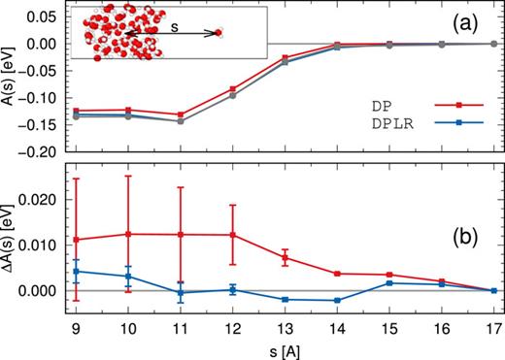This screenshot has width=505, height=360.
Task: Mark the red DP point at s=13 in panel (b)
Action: [285, 257]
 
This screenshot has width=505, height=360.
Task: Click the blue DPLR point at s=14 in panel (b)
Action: [337, 300]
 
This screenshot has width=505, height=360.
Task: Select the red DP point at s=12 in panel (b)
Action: [232, 235]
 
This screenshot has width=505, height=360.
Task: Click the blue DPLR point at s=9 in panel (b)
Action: [75, 271]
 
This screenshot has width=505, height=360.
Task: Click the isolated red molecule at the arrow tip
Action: [219, 34]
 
